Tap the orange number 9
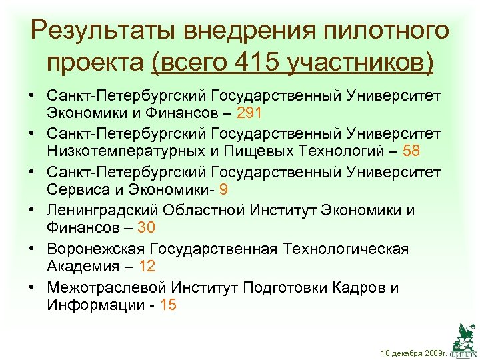(x=223, y=189)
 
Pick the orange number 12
(x=147, y=267)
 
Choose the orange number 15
(x=169, y=305)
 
